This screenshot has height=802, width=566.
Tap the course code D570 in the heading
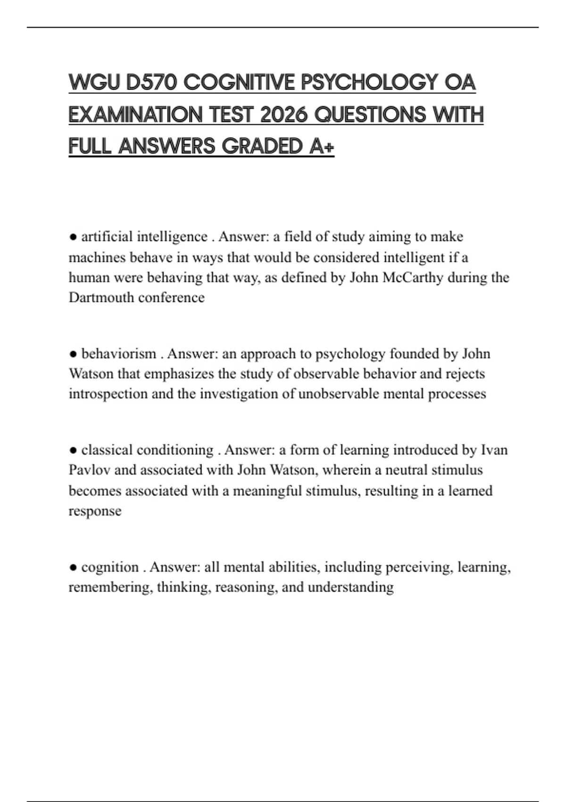pos(151,83)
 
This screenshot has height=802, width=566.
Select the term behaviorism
pos(118,354)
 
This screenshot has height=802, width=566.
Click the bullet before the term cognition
pos(73,568)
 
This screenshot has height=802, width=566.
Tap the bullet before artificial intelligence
pos(73,237)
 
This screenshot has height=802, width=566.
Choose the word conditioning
pos(175,450)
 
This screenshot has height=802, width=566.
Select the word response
pos(95,511)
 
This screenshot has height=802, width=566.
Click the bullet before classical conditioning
pos(73,450)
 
